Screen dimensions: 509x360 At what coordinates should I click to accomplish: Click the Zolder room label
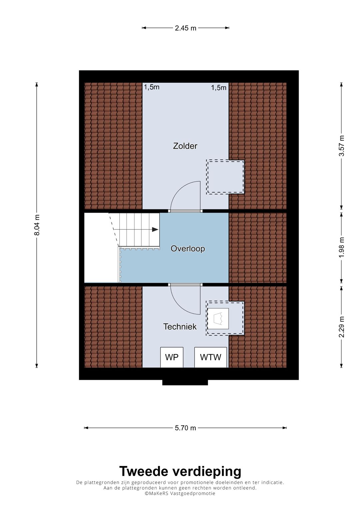[x=185, y=146]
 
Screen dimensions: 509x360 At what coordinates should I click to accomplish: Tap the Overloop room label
[x=188, y=249]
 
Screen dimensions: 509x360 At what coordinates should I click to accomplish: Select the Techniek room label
[x=180, y=327]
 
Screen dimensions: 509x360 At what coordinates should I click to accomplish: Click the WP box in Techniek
[x=172, y=357]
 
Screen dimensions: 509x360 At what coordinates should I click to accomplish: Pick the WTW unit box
[x=210, y=357]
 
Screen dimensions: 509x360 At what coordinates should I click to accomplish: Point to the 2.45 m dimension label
[x=185, y=28]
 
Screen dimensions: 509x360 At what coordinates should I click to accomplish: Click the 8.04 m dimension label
[x=37, y=225]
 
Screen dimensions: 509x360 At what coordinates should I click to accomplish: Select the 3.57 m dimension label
[x=342, y=146]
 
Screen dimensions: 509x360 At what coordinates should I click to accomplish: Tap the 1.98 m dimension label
[x=342, y=247]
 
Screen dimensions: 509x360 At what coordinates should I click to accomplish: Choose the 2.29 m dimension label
[x=342, y=327]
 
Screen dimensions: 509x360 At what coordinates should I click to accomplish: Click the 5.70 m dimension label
[x=185, y=428]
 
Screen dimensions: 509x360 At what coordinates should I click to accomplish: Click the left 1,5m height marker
[x=152, y=87]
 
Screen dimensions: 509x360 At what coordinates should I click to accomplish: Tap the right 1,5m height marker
[x=219, y=88]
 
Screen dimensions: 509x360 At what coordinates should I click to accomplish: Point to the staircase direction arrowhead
[x=155, y=229]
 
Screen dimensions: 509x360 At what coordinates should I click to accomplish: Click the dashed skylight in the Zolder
[x=225, y=177]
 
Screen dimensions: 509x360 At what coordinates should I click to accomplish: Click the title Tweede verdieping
[x=180, y=471]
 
